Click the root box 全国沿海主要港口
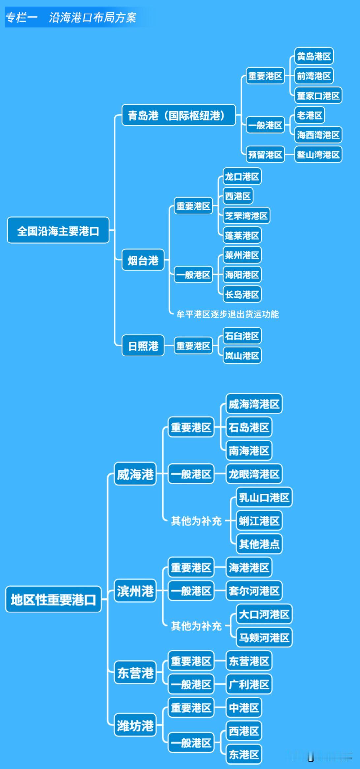click(58, 231)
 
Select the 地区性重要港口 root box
click(53, 599)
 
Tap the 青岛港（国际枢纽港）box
click(179, 115)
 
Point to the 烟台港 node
click(143, 260)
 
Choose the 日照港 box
click(143, 346)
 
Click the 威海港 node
click(135, 474)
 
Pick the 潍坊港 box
click(135, 725)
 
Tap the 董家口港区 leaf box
click(318, 96)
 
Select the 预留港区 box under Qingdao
click(265, 155)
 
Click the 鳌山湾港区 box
click(318, 155)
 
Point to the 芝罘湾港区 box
click(246, 216)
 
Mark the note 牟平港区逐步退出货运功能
click(227, 314)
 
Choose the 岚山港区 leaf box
click(242, 356)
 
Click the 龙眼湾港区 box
click(254, 474)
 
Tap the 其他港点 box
click(259, 544)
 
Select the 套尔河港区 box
click(254, 591)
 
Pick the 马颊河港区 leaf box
click(264, 638)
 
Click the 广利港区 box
click(249, 684)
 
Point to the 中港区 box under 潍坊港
click(244, 707)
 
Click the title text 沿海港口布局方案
click(93, 17)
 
